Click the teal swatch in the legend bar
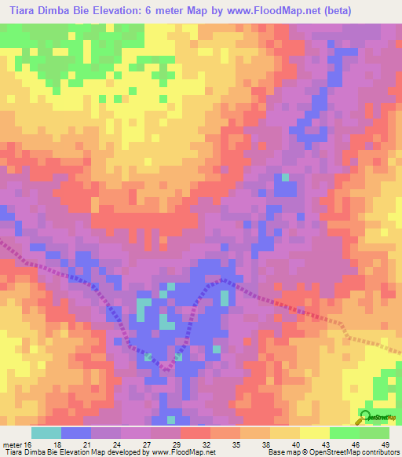click(46, 433)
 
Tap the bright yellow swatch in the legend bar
click(315, 433)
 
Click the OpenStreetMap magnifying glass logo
click(366, 415)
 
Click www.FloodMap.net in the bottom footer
click(183, 452)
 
